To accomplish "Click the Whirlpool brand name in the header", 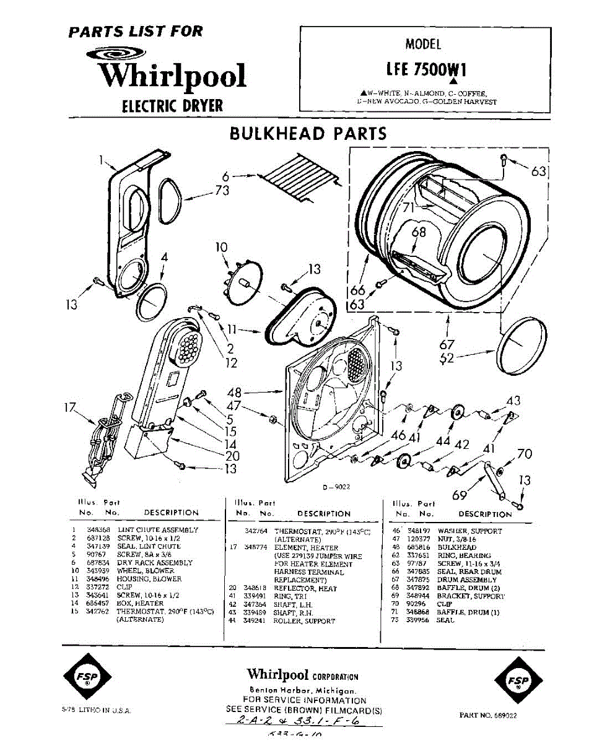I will (172, 76).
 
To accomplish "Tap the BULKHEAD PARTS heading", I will (308, 134).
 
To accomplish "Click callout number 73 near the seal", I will (222, 191).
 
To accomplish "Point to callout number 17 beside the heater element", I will (71, 409).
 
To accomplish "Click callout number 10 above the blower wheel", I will (222, 248).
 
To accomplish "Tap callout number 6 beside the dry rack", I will (226, 176).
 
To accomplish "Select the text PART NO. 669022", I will (487, 715).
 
